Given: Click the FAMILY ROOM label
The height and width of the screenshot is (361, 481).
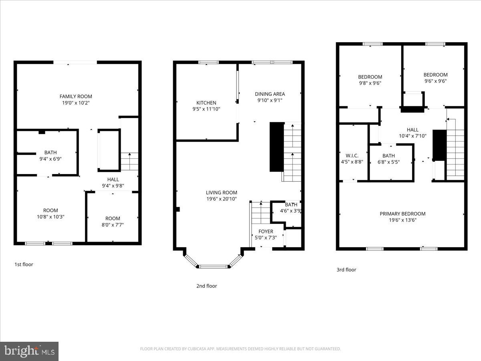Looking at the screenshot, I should coord(76,96).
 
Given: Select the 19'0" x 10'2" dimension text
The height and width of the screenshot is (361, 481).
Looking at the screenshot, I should coord(76,103).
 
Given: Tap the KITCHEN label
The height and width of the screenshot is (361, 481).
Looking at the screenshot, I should coord(206,103).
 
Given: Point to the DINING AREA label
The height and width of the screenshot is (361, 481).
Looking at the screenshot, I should coord(270,94).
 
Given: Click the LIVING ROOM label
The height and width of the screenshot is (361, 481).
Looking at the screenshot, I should coord(222,193).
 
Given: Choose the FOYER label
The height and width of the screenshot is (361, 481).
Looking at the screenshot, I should coord(266,231).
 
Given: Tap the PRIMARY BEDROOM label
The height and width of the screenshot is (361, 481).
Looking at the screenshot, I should coord(402,214).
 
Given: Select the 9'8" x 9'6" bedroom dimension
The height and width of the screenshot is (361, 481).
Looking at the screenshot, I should coord(370,83).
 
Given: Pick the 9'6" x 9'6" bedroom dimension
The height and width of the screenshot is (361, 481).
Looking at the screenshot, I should coord(435,81).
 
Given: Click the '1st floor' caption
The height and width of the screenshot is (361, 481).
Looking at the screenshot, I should coord(24,264).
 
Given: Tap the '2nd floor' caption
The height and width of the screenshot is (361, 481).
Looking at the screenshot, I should coord(206,286).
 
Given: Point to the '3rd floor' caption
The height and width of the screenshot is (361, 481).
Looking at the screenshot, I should coord(346,270).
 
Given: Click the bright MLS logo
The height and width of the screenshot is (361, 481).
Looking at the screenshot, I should coord(29,351).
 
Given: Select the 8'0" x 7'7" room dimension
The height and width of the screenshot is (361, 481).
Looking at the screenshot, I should coord(113,225).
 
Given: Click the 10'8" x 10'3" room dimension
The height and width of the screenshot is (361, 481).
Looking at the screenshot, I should coord(51,217).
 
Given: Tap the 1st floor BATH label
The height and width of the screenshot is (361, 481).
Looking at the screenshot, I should coord(51,152).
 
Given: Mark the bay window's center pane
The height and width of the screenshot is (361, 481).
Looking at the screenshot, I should coord(213,266).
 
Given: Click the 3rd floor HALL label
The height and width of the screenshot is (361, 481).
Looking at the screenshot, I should coord(412,130).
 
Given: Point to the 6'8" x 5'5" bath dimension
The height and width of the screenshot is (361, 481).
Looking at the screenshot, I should coord(388,162).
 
